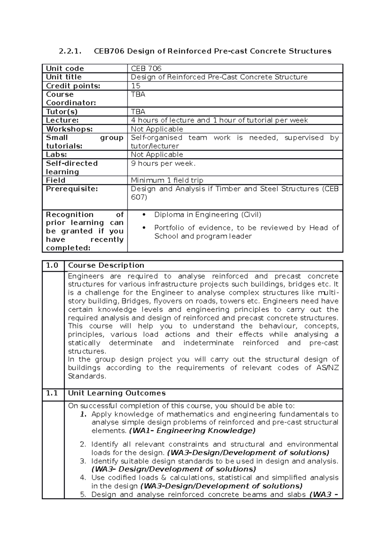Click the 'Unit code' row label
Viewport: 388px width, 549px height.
65,69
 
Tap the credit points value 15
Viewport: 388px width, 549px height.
135,86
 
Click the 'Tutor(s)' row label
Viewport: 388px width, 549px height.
62,112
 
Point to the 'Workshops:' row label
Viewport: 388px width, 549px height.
69,129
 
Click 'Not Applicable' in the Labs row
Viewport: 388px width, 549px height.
157,155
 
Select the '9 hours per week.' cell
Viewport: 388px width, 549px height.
163,163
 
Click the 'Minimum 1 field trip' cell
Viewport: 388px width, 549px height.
167,180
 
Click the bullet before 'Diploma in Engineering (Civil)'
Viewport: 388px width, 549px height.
144,215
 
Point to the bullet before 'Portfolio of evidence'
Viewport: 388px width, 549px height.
144,228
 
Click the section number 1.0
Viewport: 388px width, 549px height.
52,265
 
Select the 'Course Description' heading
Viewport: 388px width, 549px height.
106,265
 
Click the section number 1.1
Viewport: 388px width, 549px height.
52,393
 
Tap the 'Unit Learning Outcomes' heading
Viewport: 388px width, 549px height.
117,393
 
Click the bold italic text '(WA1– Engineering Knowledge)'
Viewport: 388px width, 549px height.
192,431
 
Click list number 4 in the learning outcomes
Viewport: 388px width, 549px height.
83,478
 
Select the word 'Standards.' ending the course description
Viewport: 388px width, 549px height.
87,376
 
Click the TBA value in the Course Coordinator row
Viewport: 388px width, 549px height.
138,94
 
